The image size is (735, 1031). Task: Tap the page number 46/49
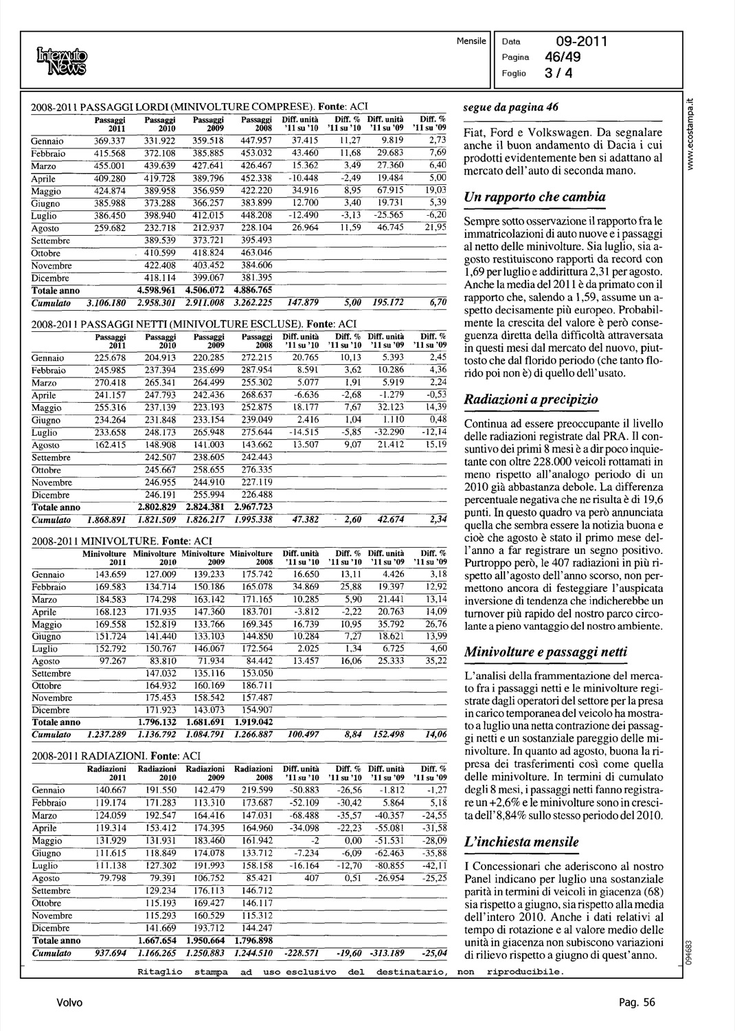(x=561, y=58)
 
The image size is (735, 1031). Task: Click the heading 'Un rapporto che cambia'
(x=535, y=197)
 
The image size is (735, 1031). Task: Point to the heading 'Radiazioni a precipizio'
(x=531, y=399)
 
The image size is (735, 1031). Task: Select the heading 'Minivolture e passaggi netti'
(x=545, y=652)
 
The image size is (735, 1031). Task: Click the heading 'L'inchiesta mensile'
(x=522, y=842)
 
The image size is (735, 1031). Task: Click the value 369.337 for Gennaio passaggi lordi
(x=109, y=141)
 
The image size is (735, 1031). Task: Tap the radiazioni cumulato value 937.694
(x=110, y=953)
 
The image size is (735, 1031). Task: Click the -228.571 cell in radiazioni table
(x=302, y=953)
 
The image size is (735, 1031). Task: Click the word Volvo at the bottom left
(x=69, y=1003)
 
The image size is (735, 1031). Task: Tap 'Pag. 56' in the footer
(x=637, y=1003)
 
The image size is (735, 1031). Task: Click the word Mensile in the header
(x=470, y=41)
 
